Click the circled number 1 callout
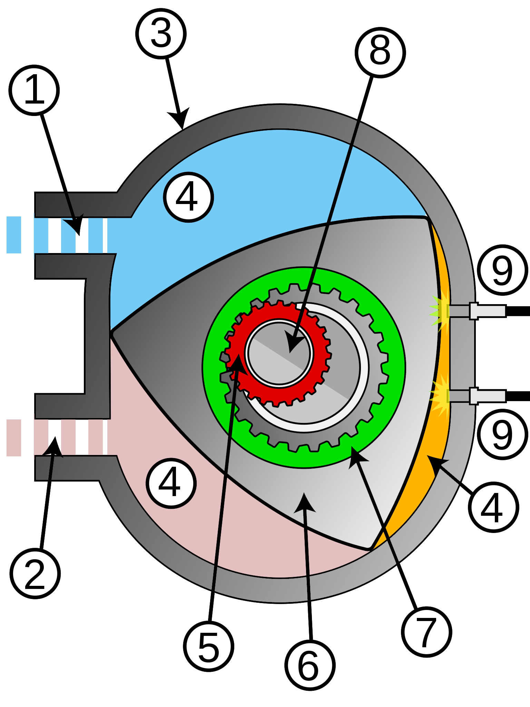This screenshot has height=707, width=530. [34, 90]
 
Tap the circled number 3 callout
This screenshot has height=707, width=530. [161, 34]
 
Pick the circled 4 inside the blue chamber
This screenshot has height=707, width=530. [188, 197]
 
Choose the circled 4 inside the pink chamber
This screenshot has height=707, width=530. [171, 483]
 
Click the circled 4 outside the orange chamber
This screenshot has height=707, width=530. [493, 507]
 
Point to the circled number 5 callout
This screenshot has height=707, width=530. [209, 646]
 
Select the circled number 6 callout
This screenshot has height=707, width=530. [310, 665]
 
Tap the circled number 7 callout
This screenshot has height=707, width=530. [427, 632]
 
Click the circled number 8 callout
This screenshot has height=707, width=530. [380, 52]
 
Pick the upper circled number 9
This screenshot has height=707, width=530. [502, 270]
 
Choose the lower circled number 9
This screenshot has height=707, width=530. [502, 434]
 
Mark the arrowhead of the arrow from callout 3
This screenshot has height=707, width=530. [180, 119]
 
